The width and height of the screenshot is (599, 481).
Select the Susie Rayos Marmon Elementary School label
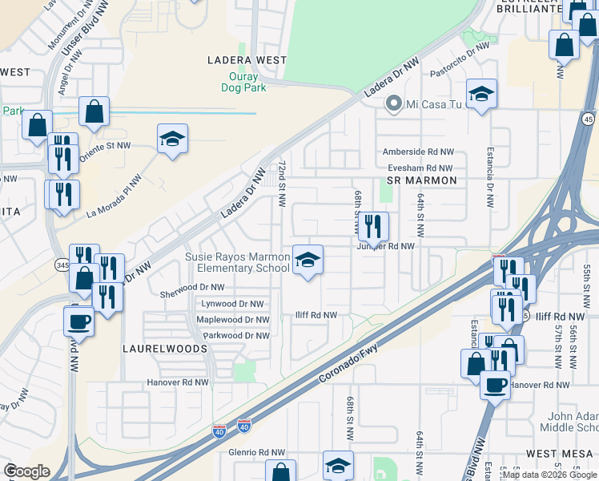[x=237, y=262]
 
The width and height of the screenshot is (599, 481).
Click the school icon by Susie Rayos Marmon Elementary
[x=308, y=260]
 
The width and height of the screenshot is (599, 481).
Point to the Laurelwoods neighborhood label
[x=164, y=350]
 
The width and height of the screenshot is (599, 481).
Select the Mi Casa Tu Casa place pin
[x=393, y=103]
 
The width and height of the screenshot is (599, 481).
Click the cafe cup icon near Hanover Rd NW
[x=495, y=384]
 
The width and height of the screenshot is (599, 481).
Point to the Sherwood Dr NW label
[x=192, y=287]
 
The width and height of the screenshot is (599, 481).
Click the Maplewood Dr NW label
[x=232, y=319]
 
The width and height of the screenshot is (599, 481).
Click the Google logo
[x=26, y=471]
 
